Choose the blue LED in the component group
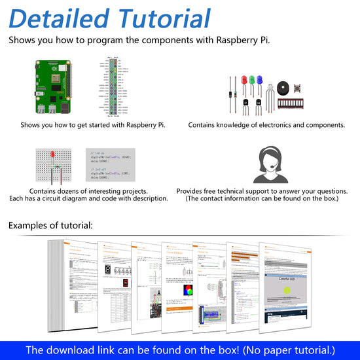(259, 81)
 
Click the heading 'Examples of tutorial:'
(50, 226)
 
